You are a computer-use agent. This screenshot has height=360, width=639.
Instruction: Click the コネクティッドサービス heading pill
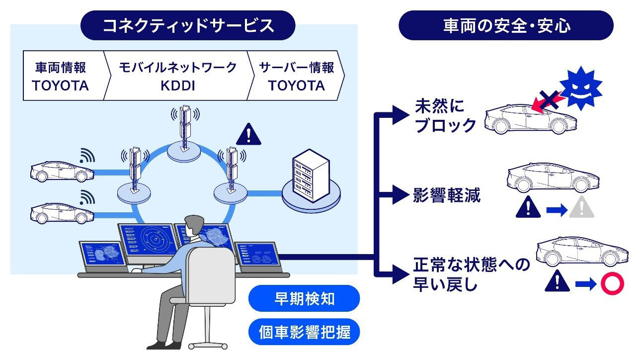[x=188, y=25]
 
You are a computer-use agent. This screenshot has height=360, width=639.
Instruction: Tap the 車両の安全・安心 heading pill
[x=506, y=25]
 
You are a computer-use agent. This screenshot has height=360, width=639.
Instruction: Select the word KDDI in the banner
[x=177, y=85]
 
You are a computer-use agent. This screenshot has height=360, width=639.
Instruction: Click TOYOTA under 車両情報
[x=61, y=86]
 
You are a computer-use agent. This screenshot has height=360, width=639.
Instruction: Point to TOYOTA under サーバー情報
[x=297, y=86]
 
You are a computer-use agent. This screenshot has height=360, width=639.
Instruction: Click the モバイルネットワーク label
[x=177, y=67]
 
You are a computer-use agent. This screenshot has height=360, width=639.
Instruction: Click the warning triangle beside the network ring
[x=248, y=134]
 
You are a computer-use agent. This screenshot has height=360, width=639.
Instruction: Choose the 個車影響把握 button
[x=304, y=332]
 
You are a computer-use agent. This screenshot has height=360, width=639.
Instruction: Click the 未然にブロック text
[x=445, y=116]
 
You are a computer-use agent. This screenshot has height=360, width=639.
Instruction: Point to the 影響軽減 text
[x=447, y=195]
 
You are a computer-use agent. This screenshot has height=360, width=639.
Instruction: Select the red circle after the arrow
[x=612, y=283]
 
